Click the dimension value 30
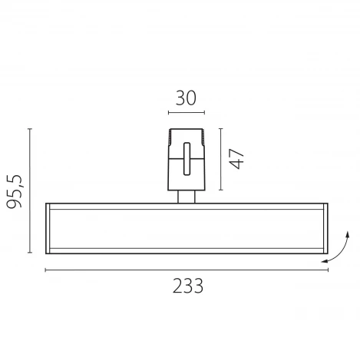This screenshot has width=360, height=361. coord(187,98)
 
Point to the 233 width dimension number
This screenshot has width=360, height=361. coord(187,286)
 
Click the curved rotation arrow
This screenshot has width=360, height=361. coord(338,250)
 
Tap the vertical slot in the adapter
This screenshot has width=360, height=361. coord(187,164)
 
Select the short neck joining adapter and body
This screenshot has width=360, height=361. coord(187,197)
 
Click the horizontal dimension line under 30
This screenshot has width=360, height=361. coord(187,114)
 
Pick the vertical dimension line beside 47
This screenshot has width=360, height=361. coord(221,159)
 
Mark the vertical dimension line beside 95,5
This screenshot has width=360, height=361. coord(31,190)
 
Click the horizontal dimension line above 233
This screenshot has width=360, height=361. coord(187,270)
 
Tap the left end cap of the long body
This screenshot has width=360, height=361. coord(48,227)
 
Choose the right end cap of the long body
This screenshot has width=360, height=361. coord(326,227)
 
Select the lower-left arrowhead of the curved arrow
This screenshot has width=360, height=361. coord(325,261)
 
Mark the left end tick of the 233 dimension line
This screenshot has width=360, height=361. coord(45,270)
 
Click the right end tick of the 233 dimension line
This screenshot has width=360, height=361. coord(328,270)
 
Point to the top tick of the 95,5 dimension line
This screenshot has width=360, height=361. coord(31,128)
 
